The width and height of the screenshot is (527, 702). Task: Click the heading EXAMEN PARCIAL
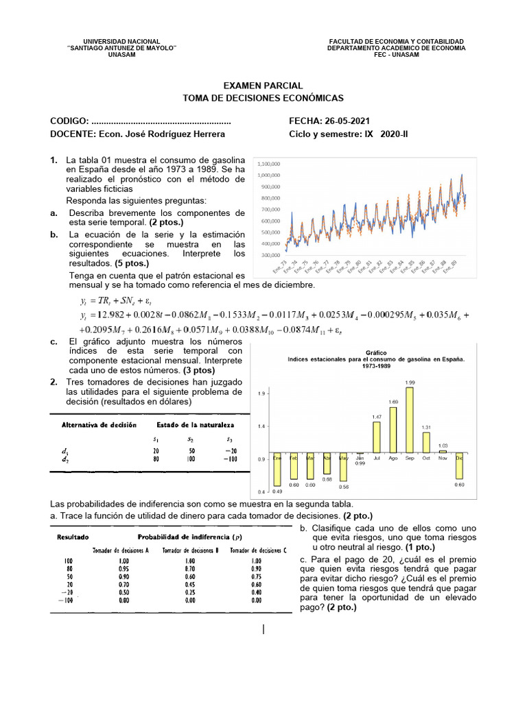click(263, 86)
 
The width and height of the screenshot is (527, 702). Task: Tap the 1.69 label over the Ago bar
click(393, 401)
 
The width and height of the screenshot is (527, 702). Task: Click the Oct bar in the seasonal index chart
click(426, 442)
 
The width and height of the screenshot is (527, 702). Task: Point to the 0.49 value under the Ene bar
click(278, 492)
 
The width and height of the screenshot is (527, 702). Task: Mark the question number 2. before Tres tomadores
click(54, 382)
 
